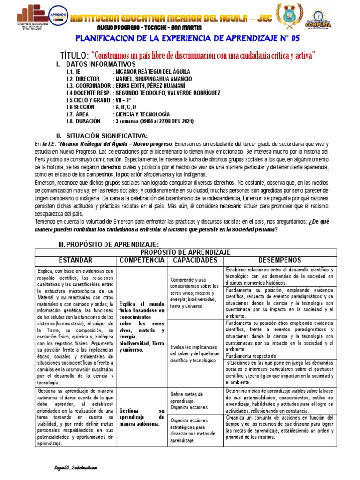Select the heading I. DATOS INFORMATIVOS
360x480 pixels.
96,64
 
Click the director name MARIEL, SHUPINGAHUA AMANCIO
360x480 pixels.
152,79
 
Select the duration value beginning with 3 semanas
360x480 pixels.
153,121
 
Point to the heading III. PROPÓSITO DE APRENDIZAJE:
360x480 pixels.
109,245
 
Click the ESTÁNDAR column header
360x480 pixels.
75,260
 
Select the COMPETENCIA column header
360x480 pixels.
142,260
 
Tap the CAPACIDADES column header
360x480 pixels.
195,260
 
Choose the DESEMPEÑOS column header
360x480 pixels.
280,260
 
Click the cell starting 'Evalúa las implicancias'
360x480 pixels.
195,347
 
